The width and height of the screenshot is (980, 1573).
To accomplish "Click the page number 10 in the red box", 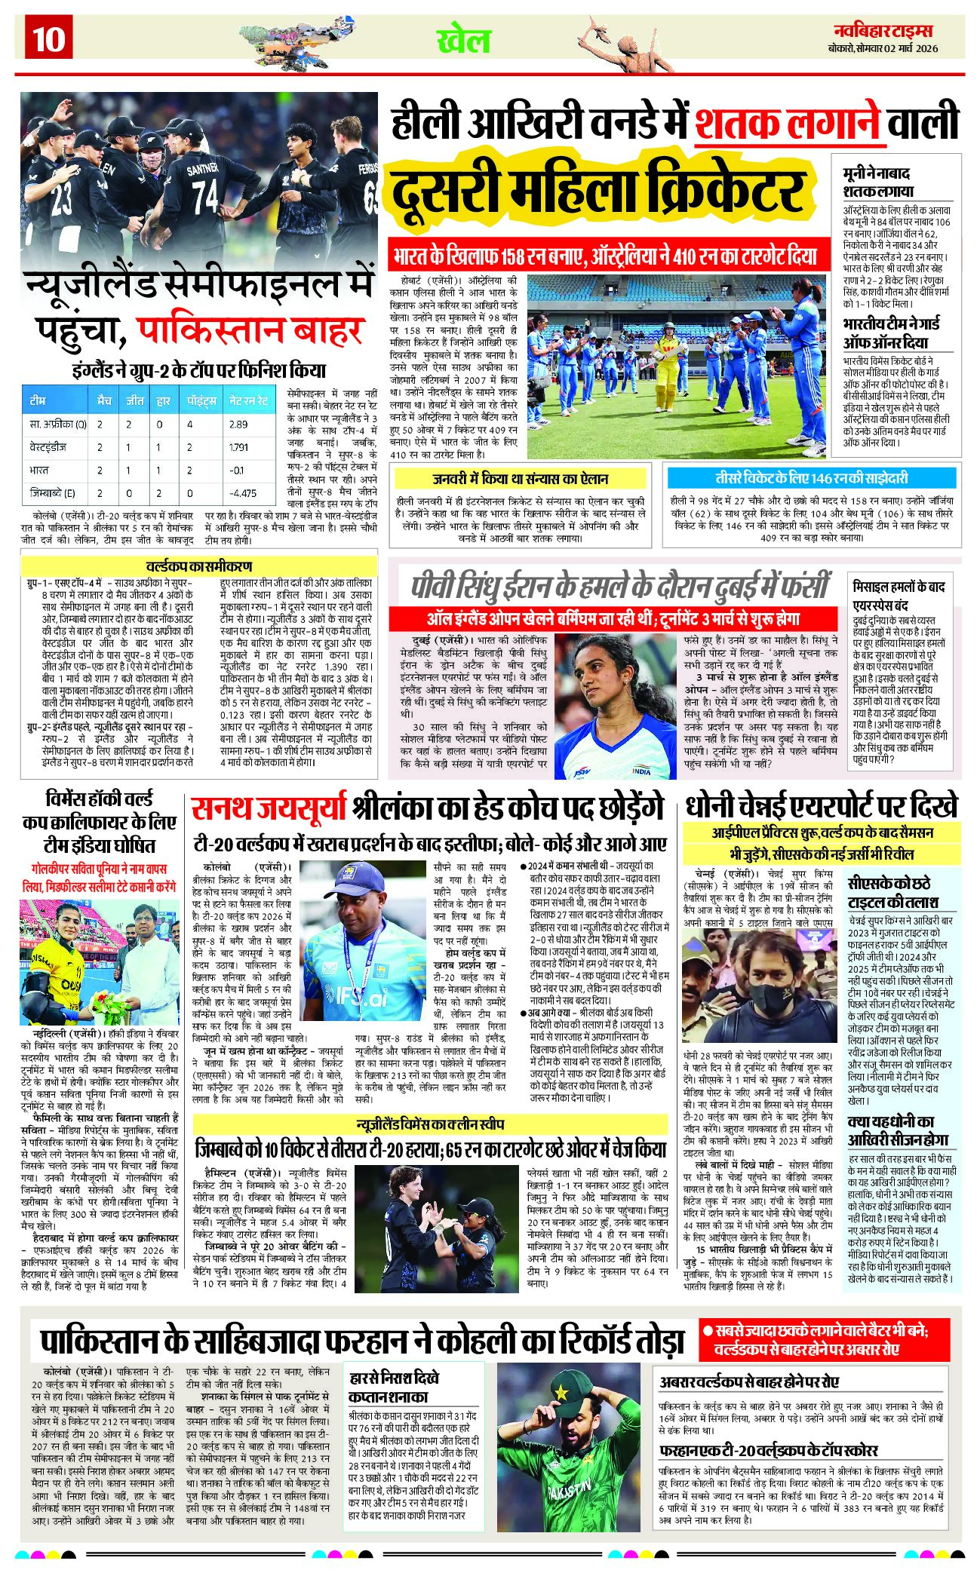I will [x=49, y=38].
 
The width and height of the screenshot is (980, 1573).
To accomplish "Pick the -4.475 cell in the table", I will [x=244, y=493].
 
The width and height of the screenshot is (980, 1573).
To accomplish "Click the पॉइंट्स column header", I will [x=201, y=400].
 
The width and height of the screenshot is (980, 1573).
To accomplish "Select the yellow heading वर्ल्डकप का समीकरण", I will [x=198, y=566].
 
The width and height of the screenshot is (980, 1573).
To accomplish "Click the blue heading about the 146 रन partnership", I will [x=811, y=478].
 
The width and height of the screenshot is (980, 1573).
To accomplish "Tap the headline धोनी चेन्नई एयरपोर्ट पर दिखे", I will [x=822, y=806].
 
